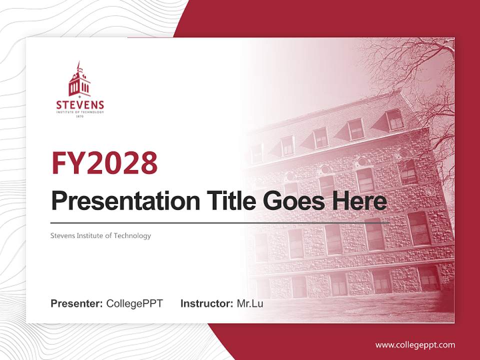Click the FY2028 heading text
(x=104, y=163)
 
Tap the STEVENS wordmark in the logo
(x=80, y=105)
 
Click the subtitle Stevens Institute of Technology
(x=100, y=235)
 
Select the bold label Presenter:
(x=77, y=303)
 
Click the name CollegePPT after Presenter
(x=134, y=303)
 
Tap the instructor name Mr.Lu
(x=250, y=303)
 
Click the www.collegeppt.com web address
(x=415, y=345)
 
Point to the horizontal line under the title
(x=220, y=222)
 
